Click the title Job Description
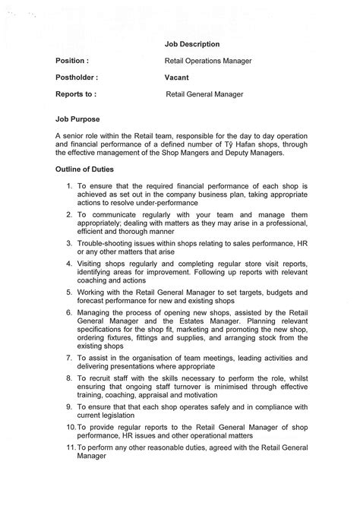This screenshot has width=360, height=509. [x=192, y=45]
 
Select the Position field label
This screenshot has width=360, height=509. [x=72, y=61]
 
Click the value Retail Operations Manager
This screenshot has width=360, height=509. [x=208, y=61]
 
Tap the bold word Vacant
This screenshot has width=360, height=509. [x=177, y=77]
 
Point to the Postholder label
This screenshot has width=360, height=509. [x=77, y=77]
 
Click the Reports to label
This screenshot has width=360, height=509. [x=76, y=95]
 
